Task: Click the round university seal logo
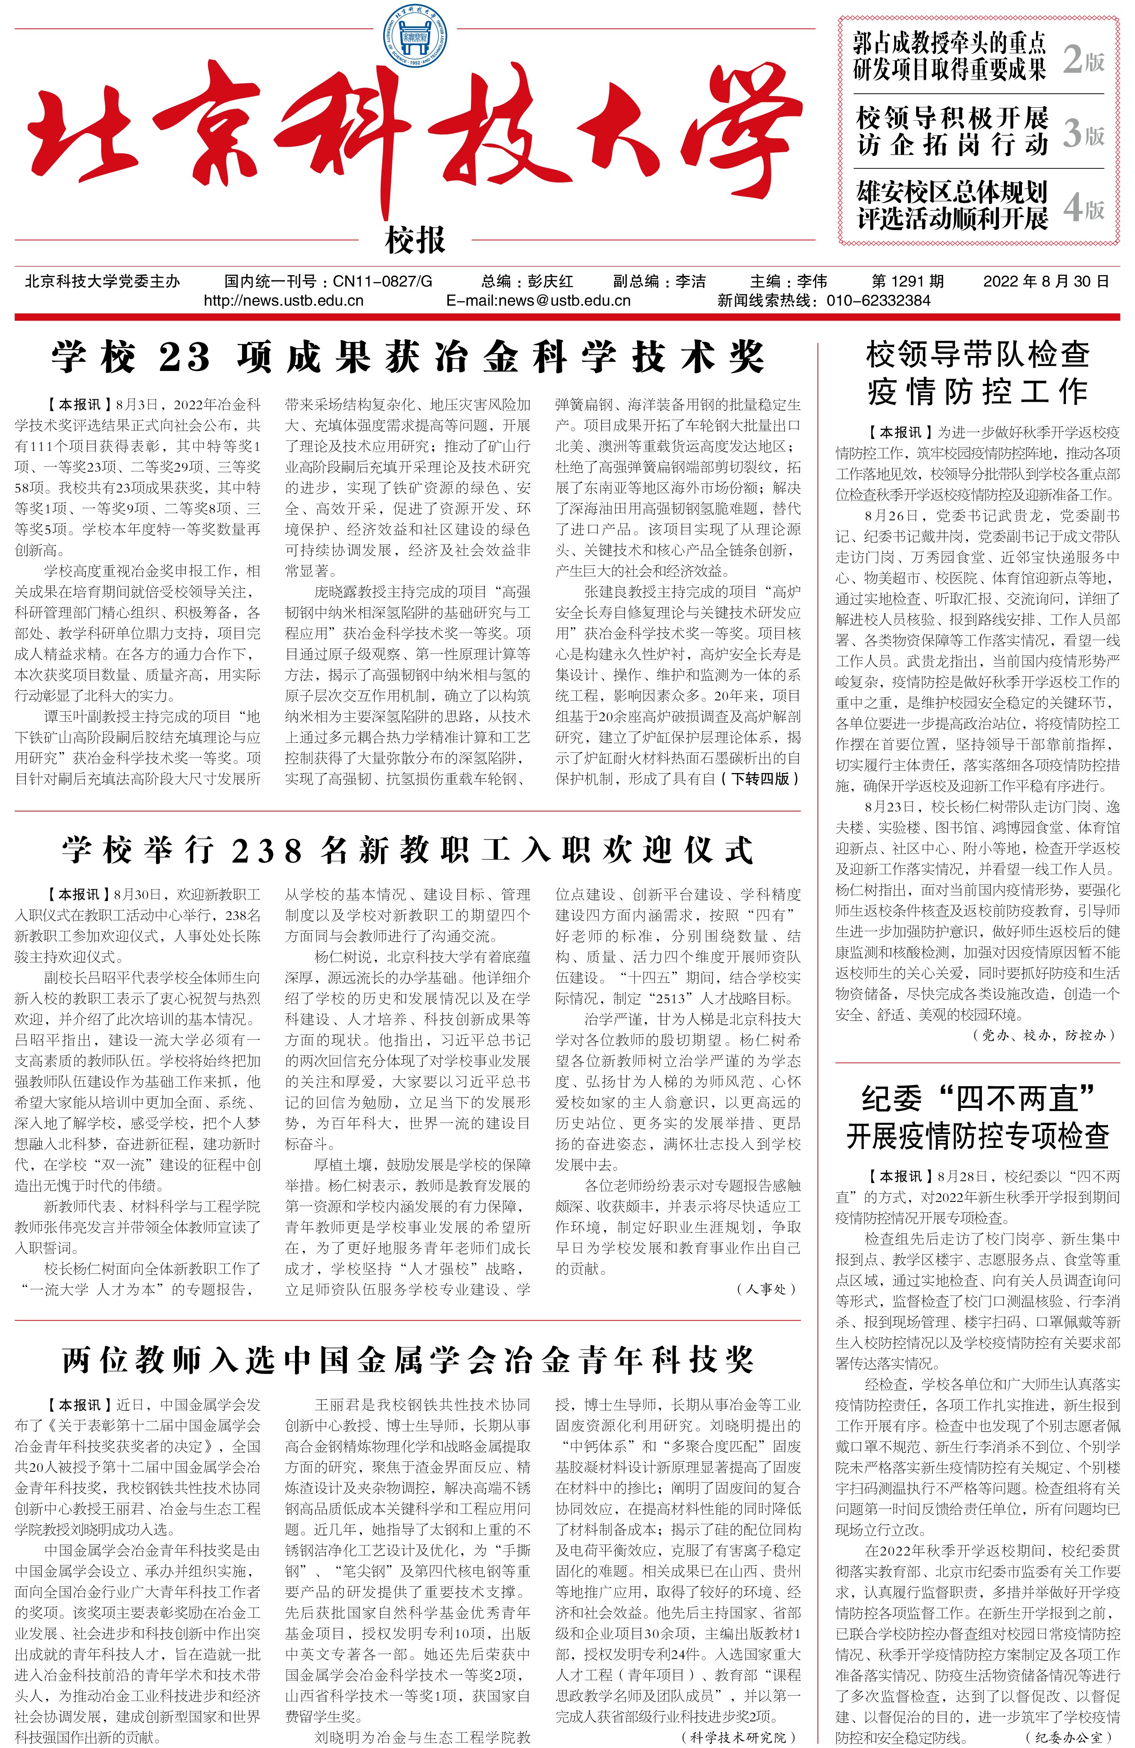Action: pos(415,35)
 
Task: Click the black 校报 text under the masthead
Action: pos(415,240)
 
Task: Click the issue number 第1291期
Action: pos(907,281)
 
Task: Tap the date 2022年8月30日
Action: pos(1046,281)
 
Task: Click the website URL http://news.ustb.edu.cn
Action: pos(284,300)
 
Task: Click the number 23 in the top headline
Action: pos(184,358)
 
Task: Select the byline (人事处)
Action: pos(766,1288)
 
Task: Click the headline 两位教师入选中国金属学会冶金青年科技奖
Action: pos(408,1360)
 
